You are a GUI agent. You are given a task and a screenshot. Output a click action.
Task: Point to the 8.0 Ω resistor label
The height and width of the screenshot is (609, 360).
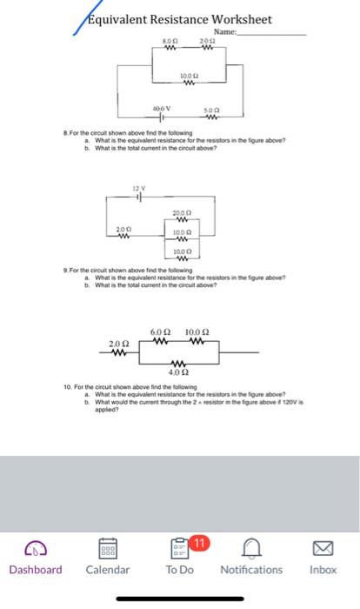pyautogui.click(x=170, y=41)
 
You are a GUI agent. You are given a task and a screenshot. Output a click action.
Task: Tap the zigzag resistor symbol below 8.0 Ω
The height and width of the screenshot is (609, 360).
pyautogui.click(x=170, y=49)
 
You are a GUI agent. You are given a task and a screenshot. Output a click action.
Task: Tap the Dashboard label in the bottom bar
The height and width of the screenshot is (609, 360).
pyautogui.click(x=36, y=570)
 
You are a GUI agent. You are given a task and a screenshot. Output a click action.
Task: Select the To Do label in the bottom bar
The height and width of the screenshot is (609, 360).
pyautogui.click(x=179, y=570)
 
